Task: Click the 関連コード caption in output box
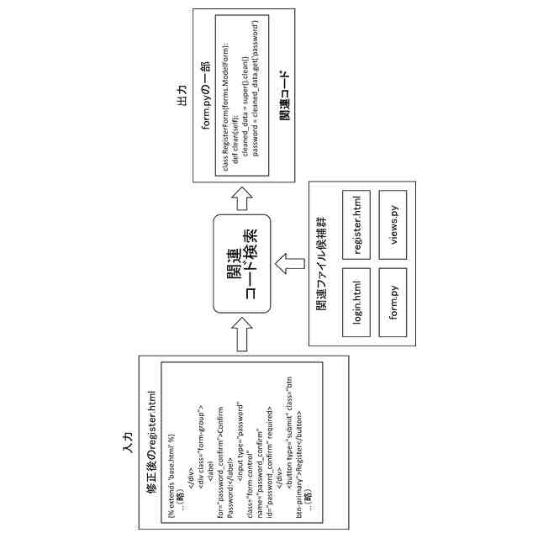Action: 283,95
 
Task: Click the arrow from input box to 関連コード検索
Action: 243,335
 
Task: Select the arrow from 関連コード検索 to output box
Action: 243,198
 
